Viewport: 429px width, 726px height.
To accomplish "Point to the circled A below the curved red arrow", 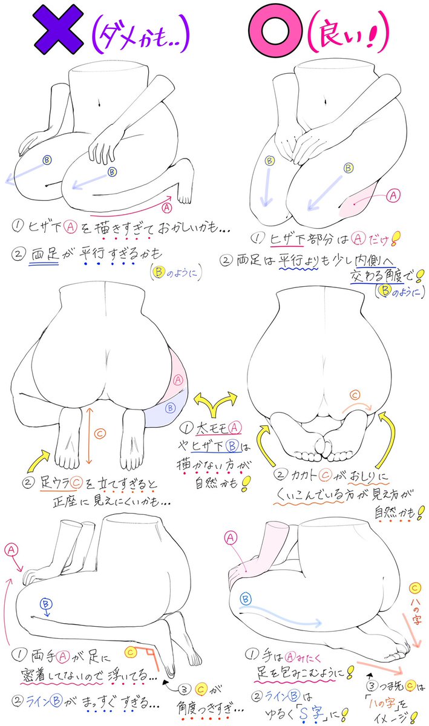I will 167,207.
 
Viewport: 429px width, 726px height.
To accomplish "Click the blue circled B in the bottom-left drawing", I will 45,603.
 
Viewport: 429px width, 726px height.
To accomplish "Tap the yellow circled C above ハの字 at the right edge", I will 414,588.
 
